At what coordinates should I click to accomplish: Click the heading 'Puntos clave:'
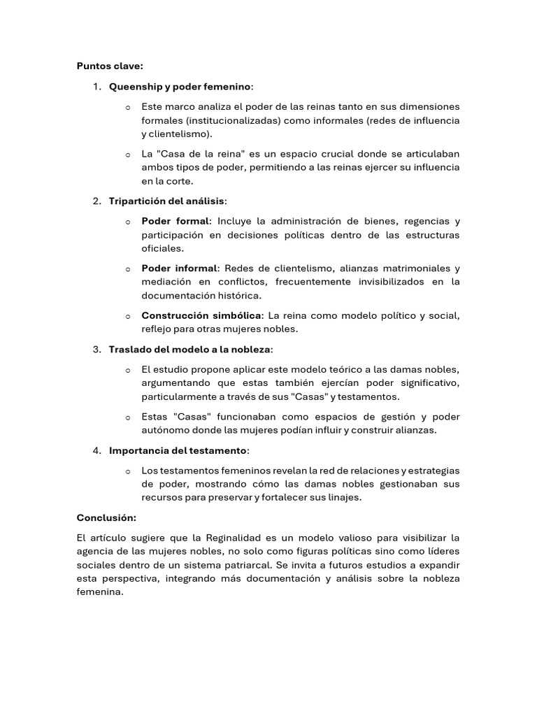[x=110, y=66]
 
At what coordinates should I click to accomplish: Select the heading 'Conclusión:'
[x=106, y=518]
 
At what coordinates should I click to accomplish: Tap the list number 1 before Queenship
[x=96, y=87]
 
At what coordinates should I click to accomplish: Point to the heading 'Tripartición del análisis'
[x=166, y=201]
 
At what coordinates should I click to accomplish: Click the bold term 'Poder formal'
[x=175, y=222]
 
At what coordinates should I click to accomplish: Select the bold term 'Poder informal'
[x=180, y=268]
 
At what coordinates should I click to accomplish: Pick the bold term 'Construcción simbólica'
[x=201, y=315]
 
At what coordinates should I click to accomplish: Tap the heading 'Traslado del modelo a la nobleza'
[x=189, y=350]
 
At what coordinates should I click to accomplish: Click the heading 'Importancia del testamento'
[x=178, y=450]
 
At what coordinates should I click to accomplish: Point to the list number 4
[x=96, y=450]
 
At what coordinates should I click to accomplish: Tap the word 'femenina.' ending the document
[x=99, y=592]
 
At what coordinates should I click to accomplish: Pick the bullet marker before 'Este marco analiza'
[x=127, y=108]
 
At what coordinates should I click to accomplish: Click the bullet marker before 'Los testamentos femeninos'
[x=127, y=471]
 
